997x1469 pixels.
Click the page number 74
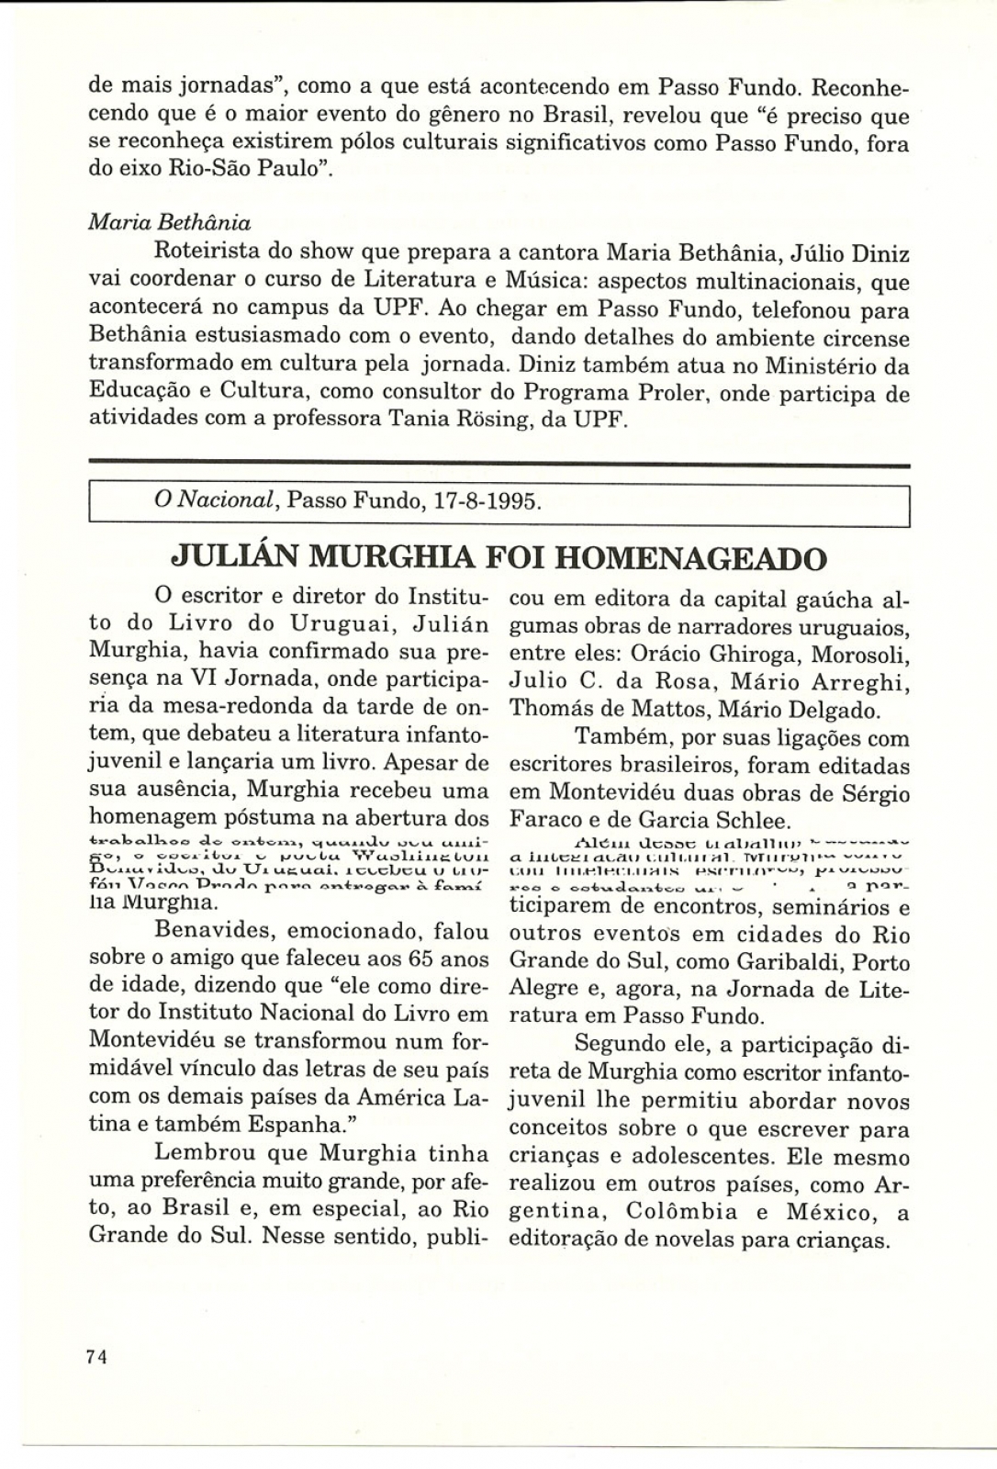coord(98,1358)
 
